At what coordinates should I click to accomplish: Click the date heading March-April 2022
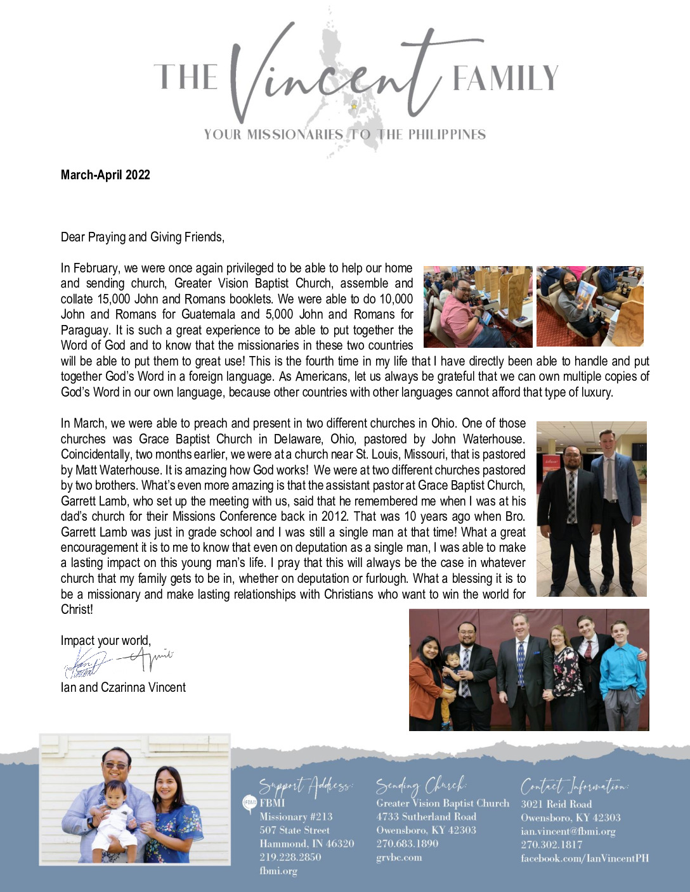tap(105, 175)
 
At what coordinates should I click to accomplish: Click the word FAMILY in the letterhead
tap(505, 79)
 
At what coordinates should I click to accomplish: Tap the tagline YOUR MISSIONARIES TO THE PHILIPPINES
tap(345, 134)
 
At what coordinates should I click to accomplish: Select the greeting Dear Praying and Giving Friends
tap(142, 237)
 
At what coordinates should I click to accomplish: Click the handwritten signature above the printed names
tap(117, 662)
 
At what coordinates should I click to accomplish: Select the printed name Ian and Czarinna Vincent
tap(123, 687)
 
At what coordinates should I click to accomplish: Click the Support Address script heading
tap(306, 786)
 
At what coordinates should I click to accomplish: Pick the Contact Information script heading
tap(574, 786)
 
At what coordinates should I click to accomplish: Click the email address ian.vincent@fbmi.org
tap(568, 831)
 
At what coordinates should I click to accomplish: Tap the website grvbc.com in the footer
tap(399, 858)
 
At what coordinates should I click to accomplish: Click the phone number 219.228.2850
tap(290, 857)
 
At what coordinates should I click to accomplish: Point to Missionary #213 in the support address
tap(296, 817)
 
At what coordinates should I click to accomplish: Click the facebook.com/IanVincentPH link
tap(585, 858)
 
